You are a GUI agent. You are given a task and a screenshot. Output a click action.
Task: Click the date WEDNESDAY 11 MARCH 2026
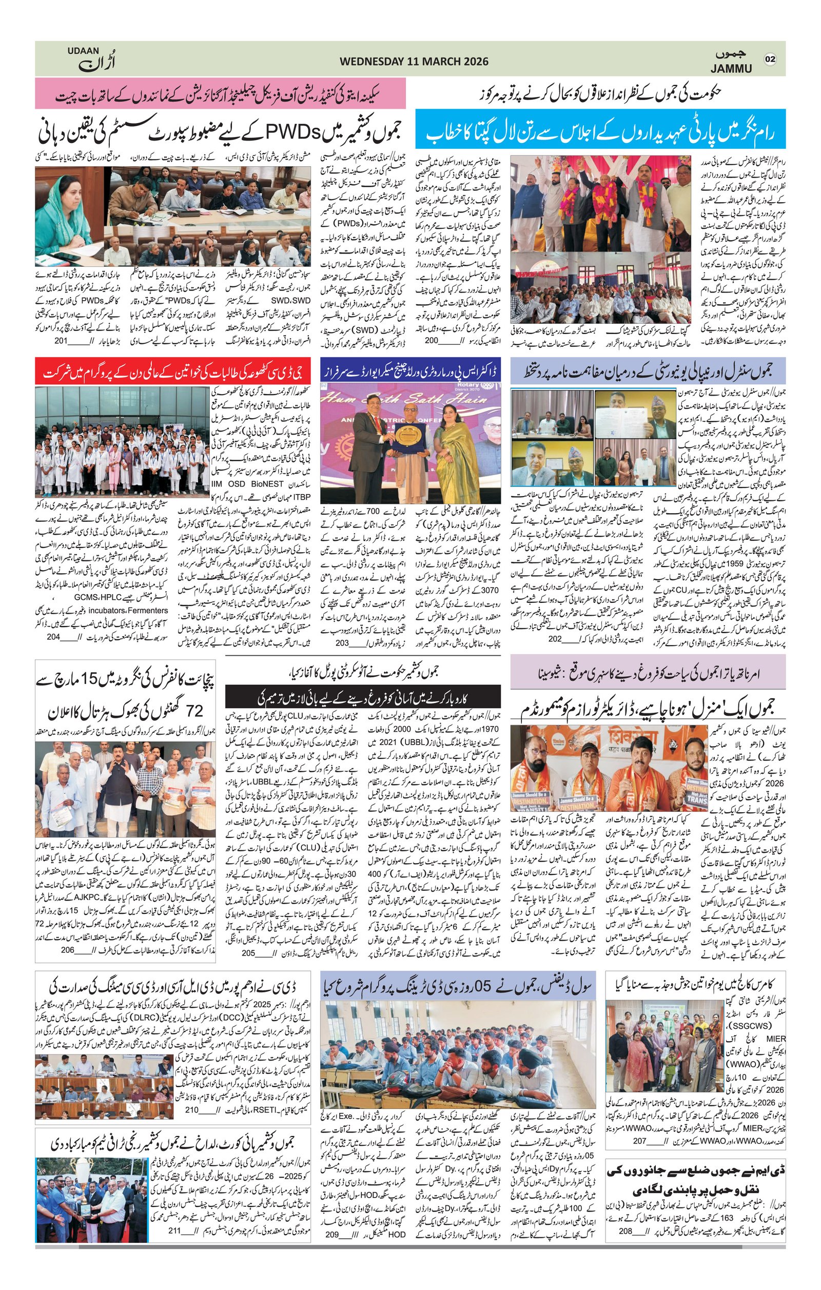tap(414, 62)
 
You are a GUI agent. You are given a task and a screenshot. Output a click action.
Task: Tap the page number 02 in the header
tap(770, 59)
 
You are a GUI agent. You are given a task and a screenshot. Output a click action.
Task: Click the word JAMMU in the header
tap(732, 68)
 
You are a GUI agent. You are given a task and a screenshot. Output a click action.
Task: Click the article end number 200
tap(446, 340)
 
